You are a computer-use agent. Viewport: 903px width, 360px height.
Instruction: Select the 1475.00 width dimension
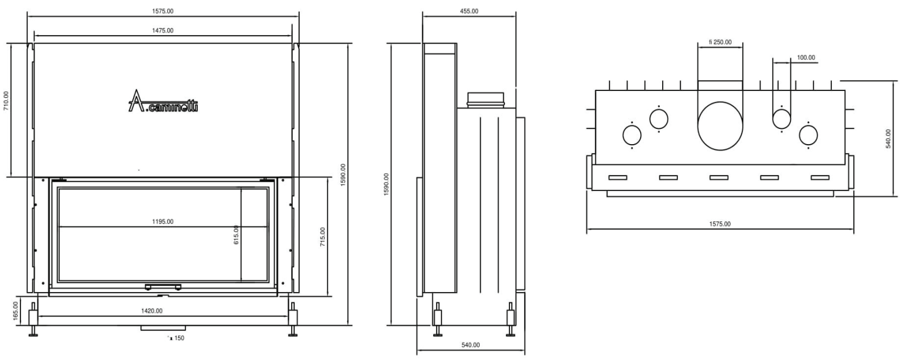point(163,31)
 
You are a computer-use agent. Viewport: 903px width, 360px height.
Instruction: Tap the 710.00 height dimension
point(6,101)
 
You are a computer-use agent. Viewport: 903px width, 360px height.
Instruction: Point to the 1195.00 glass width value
point(163,222)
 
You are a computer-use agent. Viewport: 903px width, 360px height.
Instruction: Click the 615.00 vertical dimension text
point(236,235)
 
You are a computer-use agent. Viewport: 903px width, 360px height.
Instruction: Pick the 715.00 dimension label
point(322,237)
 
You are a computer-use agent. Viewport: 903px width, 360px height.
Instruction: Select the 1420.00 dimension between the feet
point(152,311)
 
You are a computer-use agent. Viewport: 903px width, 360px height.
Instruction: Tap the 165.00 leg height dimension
point(16,311)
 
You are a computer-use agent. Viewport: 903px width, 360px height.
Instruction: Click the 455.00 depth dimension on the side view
point(469,11)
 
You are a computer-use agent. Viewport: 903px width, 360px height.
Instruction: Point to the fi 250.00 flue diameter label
point(720,42)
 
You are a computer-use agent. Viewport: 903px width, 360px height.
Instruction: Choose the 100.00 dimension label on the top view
point(806,58)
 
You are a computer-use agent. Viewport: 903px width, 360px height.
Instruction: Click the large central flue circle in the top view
point(720,126)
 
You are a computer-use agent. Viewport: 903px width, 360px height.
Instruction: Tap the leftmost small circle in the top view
point(632,135)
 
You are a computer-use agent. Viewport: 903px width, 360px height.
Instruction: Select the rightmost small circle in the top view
point(808,135)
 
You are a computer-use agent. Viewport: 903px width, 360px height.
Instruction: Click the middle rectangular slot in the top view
point(719,177)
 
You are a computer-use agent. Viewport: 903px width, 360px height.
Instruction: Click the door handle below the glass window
point(163,287)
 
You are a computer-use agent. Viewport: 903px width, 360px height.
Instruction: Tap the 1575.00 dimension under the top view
point(720,224)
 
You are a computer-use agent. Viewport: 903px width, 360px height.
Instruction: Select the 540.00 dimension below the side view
point(470,345)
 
